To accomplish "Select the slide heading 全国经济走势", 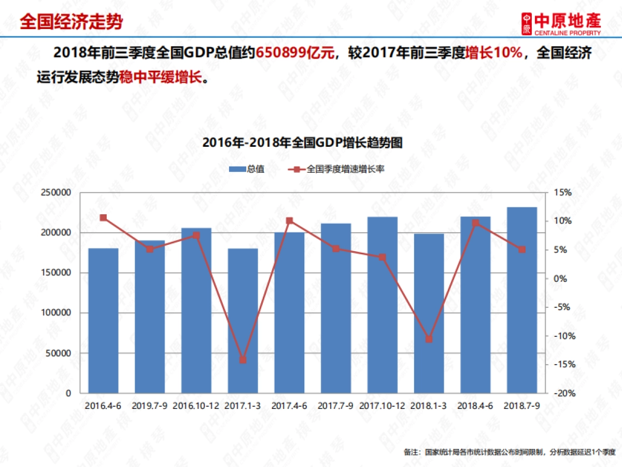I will pyautogui.click(x=72, y=22).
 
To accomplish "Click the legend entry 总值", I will pyautogui.click(x=247, y=169).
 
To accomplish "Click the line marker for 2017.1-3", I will pyautogui.click(x=243, y=360).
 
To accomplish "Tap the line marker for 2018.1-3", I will pyautogui.click(x=429, y=339).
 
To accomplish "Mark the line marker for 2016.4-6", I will pyautogui.click(x=103, y=218).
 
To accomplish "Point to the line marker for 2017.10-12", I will pyautogui.click(x=382, y=257).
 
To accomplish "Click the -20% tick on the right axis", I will pyautogui.click(x=562, y=393).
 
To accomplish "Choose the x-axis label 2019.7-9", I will pyautogui.click(x=149, y=406).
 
